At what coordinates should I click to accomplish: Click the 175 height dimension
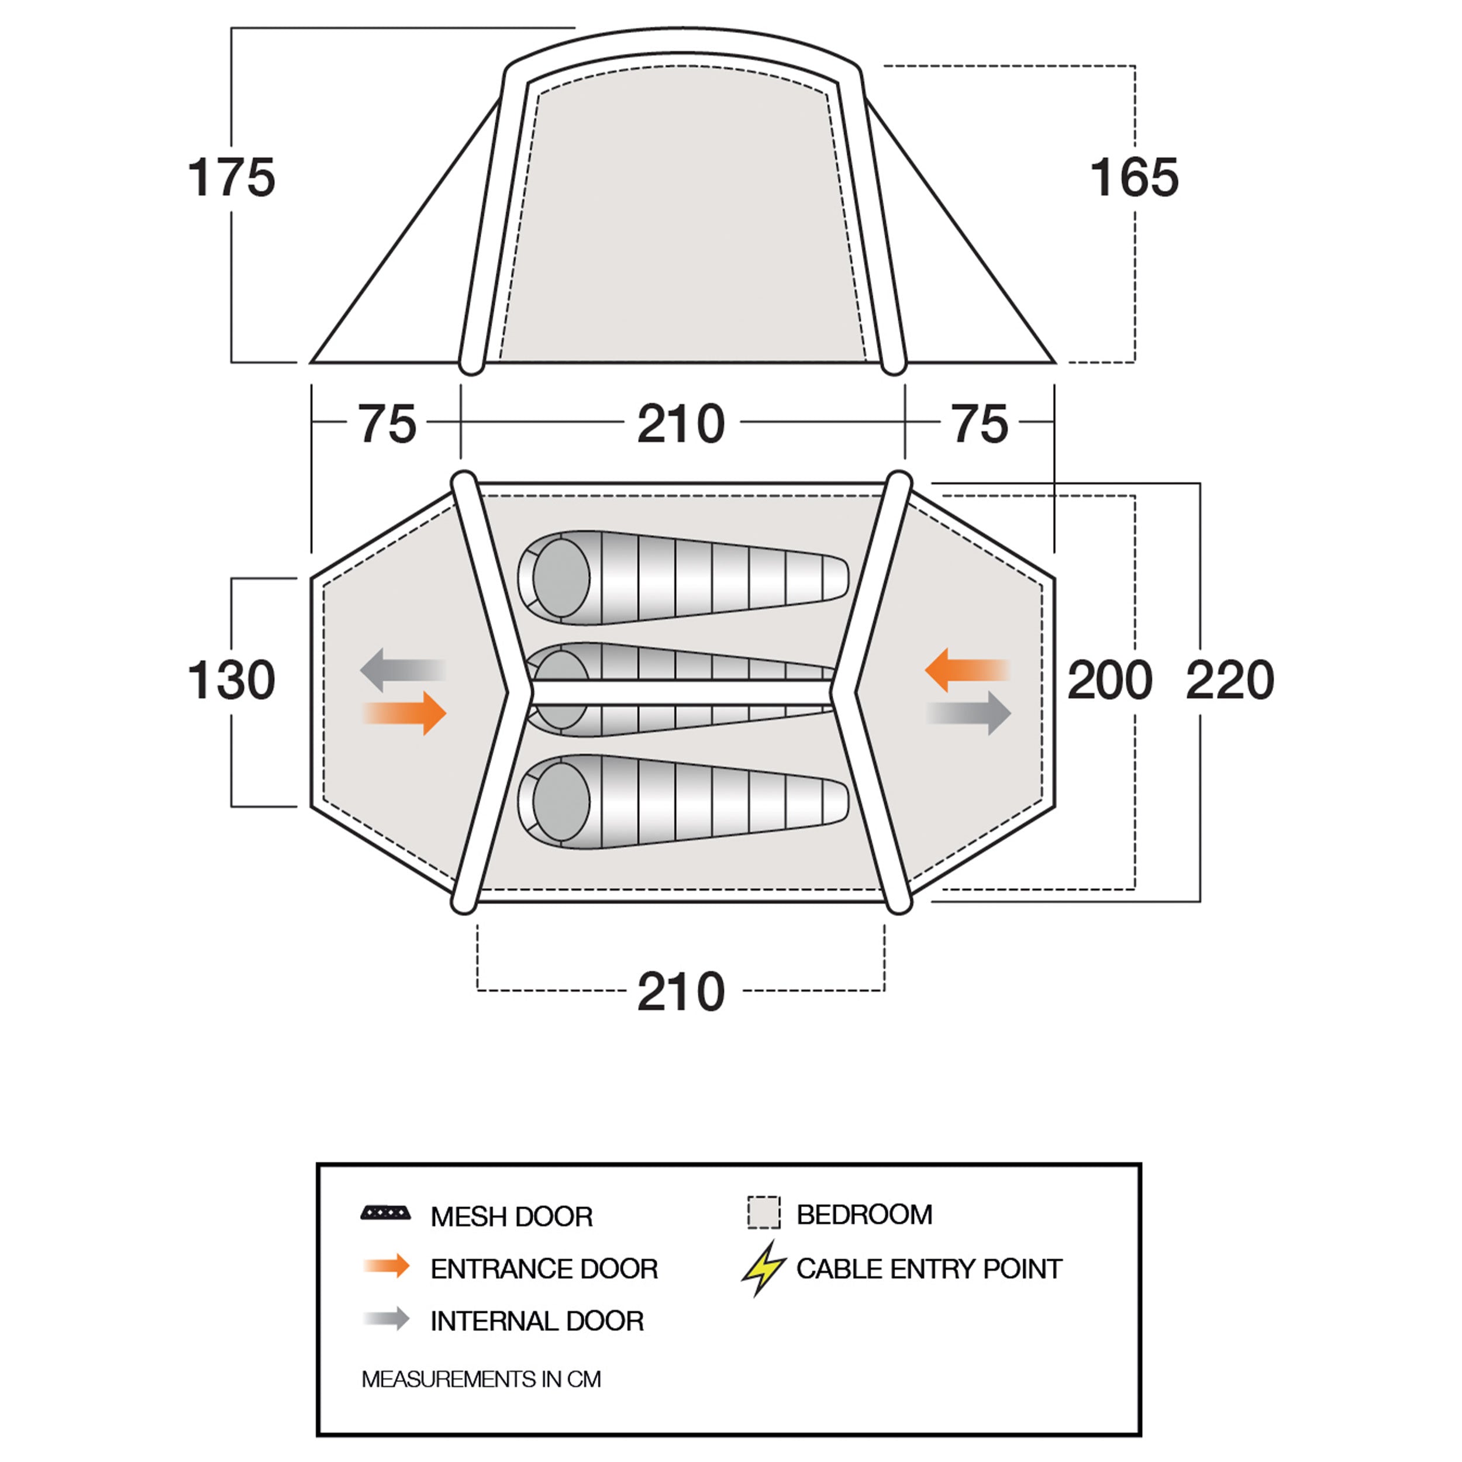tap(232, 178)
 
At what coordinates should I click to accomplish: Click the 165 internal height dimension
tap(1135, 178)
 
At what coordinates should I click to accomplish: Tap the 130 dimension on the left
tap(232, 680)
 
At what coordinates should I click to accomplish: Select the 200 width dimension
tap(1109, 680)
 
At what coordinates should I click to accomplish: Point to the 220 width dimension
tap(1230, 680)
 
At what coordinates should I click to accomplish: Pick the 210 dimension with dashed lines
tap(681, 991)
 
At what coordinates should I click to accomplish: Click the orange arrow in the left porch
tap(405, 713)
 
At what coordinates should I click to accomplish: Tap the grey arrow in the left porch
tap(402, 670)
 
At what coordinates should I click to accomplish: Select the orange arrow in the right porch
tap(968, 670)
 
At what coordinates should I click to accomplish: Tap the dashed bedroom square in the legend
tap(764, 1212)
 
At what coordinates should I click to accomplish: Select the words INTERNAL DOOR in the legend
tap(536, 1320)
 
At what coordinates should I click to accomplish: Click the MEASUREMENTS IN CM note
tap(481, 1379)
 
